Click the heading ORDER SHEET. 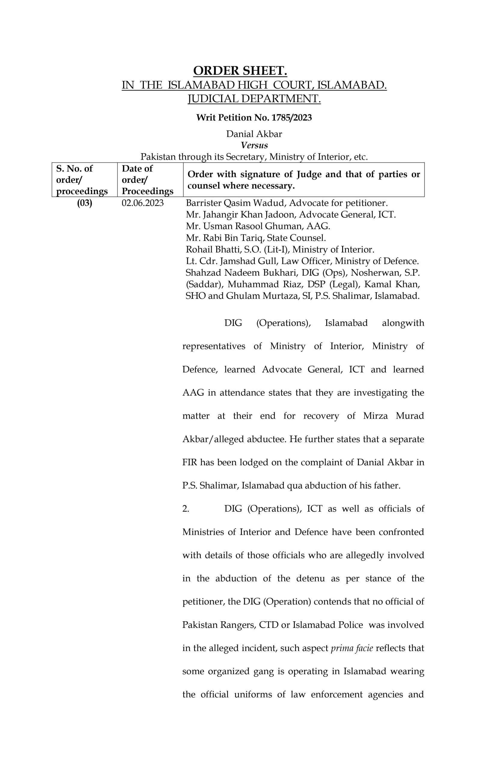[x=240, y=71]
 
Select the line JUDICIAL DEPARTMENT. [x=254, y=99]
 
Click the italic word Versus [x=254, y=145]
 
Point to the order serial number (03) [x=84, y=203]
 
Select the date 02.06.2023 [x=143, y=203]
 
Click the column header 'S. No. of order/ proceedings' [x=82, y=180]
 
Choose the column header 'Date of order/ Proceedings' [x=147, y=180]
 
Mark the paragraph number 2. [x=186, y=509]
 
